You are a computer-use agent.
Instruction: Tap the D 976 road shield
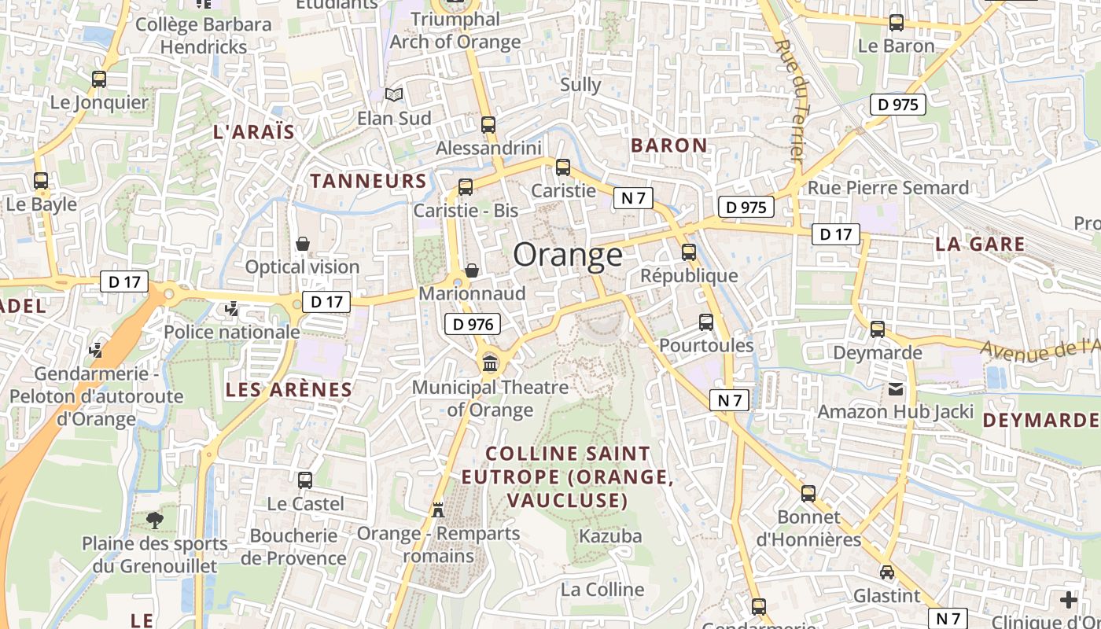473,323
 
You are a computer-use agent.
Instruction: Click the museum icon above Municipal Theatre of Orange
491,363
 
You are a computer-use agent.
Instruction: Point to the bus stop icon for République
689,252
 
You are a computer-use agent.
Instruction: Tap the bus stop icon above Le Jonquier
99,79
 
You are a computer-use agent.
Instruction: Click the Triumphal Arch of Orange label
455,31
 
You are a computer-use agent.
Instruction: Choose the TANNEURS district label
368,181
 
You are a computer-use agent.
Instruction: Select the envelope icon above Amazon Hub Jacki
896,388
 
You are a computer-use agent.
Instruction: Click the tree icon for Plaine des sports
156,520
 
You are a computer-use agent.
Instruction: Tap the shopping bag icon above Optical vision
303,244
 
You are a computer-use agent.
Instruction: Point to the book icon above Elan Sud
394,95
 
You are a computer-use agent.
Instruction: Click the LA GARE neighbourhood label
980,244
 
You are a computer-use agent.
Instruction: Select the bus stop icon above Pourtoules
706,322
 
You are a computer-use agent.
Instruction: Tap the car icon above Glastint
887,572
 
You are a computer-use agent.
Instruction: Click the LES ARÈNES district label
289,389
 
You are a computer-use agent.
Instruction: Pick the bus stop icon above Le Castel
305,480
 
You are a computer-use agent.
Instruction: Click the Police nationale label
232,332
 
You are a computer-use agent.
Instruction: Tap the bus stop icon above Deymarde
878,329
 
